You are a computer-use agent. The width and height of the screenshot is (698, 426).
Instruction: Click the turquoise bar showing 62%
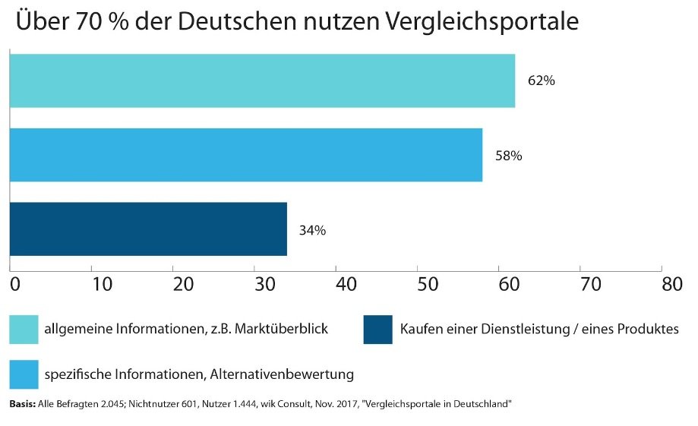pos(262,80)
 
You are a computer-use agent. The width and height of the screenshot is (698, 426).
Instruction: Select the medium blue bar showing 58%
pos(245,155)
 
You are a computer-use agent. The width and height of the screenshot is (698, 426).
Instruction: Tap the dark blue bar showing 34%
pos(148,229)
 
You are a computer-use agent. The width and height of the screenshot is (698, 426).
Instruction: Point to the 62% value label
pos(541,81)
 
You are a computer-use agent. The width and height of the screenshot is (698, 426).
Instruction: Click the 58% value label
pos(508,156)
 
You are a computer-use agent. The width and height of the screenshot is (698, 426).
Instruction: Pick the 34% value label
pos(312,230)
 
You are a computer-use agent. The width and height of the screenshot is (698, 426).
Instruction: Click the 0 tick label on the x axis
pos(14,284)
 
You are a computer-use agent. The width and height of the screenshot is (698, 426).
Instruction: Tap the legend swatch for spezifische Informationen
pos(24,374)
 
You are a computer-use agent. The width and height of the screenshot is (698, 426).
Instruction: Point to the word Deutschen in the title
pos(228,22)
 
